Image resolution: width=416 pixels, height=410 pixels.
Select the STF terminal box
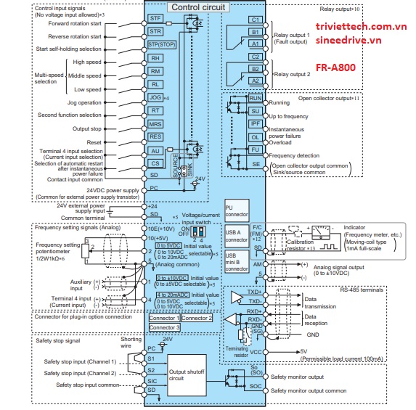[x=155, y=17]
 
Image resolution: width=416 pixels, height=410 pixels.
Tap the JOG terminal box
[x=154, y=97]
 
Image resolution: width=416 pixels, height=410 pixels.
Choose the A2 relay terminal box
[x=255, y=80]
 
